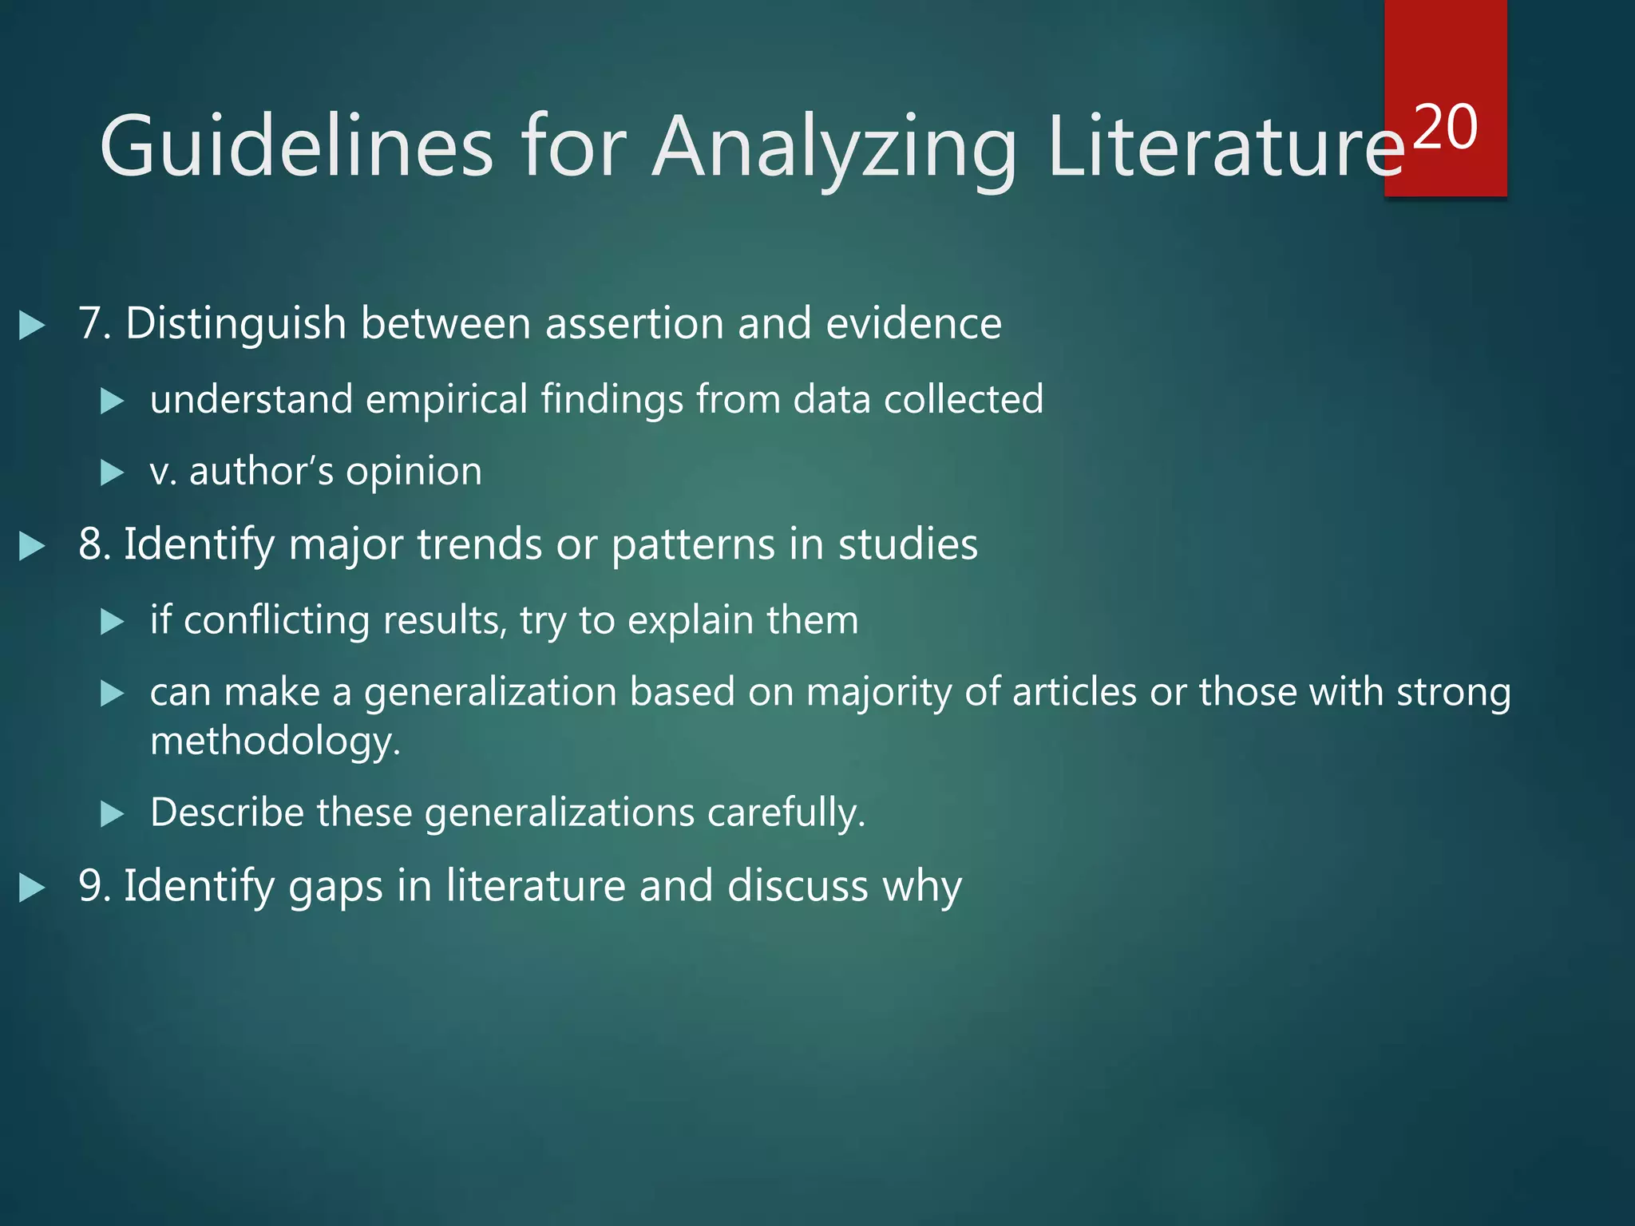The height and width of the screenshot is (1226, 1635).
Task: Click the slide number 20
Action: point(1445,128)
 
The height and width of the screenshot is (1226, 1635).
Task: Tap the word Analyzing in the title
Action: point(834,148)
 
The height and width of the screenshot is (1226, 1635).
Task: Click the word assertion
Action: point(634,324)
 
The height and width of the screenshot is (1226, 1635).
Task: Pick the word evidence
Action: point(913,324)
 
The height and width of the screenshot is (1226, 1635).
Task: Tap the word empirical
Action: point(446,399)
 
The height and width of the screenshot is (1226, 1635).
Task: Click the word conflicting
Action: point(276,620)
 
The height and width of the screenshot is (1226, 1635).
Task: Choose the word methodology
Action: point(275,742)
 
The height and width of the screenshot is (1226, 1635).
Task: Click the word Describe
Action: point(227,813)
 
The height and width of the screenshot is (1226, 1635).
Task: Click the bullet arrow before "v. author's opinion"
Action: point(113,473)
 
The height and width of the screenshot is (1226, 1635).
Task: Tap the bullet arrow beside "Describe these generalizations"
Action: point(113,814)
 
